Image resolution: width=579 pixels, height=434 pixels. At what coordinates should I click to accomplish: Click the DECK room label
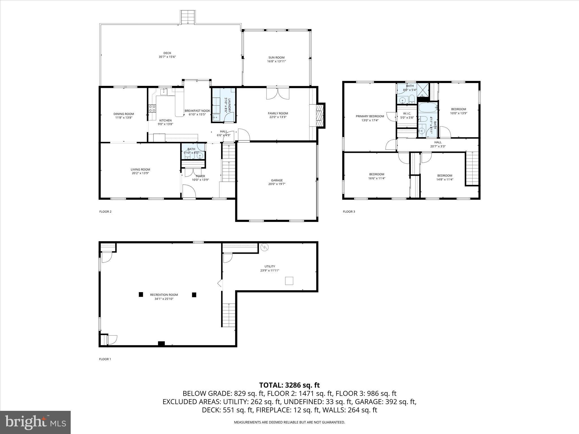coord(167,53)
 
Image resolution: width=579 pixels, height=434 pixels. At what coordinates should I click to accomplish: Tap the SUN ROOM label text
coord(276,57)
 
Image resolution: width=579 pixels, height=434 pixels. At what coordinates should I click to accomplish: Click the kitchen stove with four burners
coord(152,108)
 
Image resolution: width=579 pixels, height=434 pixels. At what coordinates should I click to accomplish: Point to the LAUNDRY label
coord(229,105)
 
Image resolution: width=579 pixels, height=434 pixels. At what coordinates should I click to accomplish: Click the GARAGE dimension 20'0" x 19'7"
coord(277,184)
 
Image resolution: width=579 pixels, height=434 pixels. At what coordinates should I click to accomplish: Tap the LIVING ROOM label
coord(140,170)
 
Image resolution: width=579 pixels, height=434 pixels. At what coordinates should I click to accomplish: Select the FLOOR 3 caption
coord(349,211)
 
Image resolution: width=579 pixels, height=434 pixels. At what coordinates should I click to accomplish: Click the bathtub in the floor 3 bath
coord(427,108)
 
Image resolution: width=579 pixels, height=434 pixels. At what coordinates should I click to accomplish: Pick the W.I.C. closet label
coord(407,114)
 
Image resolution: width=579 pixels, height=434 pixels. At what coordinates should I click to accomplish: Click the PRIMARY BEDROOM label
coord(370,116)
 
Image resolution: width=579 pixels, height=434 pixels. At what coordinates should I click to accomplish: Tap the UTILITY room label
coord(270,266)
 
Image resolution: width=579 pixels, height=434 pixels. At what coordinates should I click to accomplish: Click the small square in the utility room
coord(289,281)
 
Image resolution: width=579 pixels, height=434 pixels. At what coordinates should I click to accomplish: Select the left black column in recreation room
coord(141,294)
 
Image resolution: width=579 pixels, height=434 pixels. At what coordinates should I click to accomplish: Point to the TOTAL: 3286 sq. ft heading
coord(289,385)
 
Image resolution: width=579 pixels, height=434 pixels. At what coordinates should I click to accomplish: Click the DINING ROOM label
coord(124,114)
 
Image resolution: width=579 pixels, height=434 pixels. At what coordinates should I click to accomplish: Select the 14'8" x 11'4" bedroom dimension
coord(445,179)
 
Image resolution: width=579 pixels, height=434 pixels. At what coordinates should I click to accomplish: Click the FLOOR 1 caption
coord(105,359)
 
